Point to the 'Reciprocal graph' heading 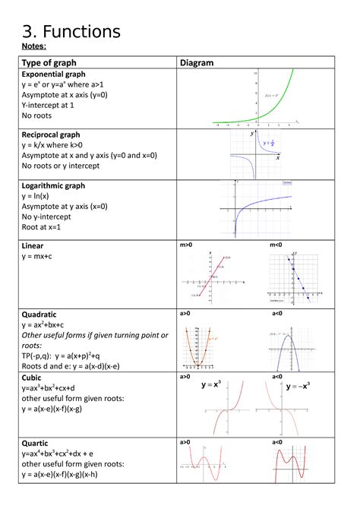point(52,134)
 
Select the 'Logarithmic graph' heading point(53,185)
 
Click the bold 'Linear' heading point(34,246)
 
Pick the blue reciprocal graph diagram point(255,154)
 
